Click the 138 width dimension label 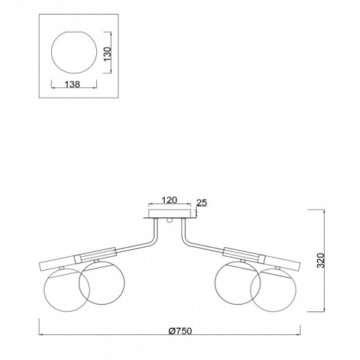tap(72, 84)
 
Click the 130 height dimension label tap(107, 54)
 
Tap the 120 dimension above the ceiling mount tap(169, 200)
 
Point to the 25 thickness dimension tap(201, 203)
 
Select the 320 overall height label tap(321, 260)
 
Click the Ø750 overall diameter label tap(180, 331)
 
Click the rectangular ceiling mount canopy tap(170, 213)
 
